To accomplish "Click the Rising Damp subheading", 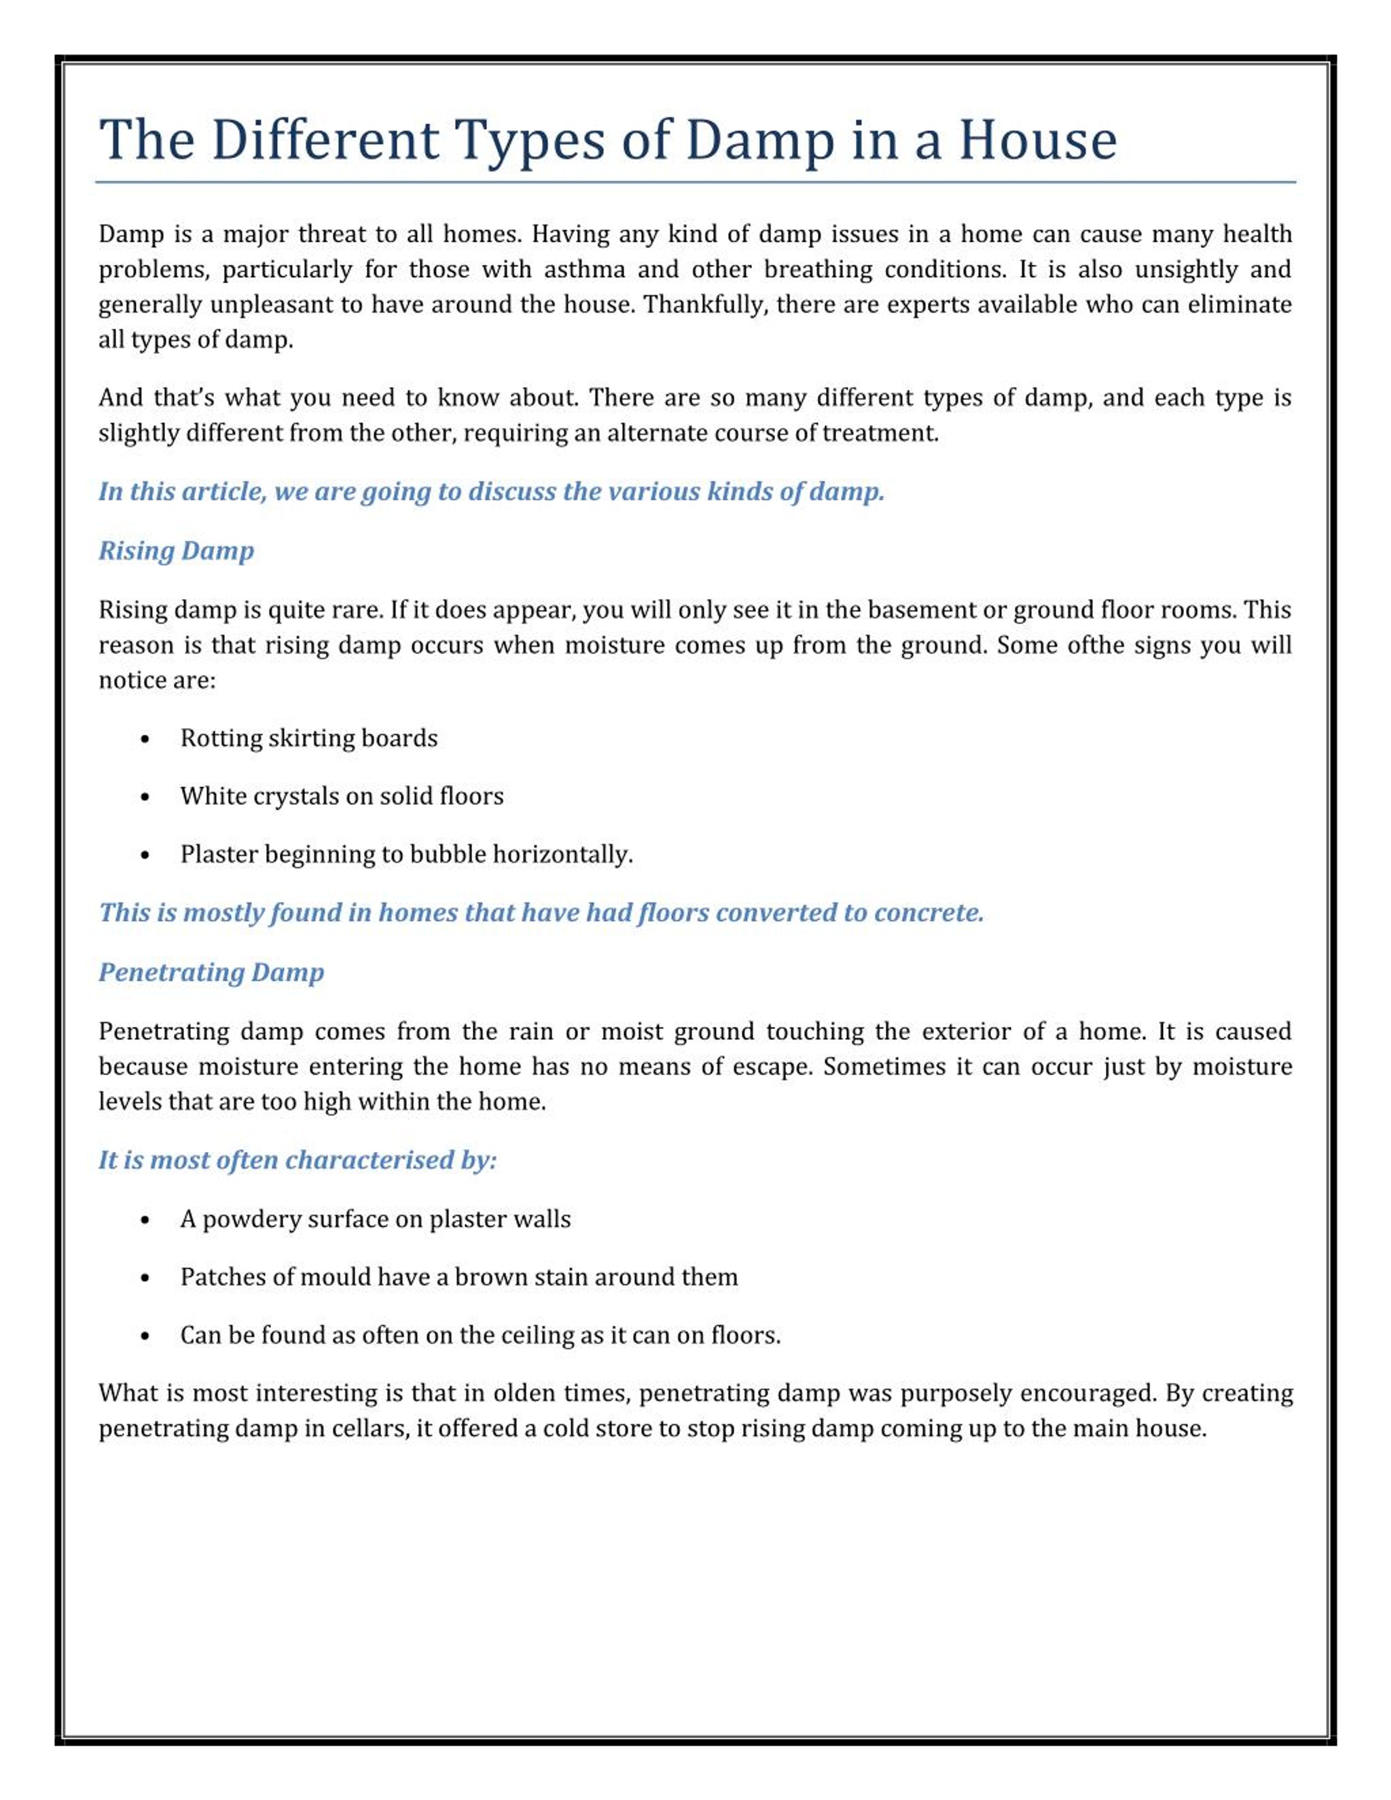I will pos(177,550).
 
